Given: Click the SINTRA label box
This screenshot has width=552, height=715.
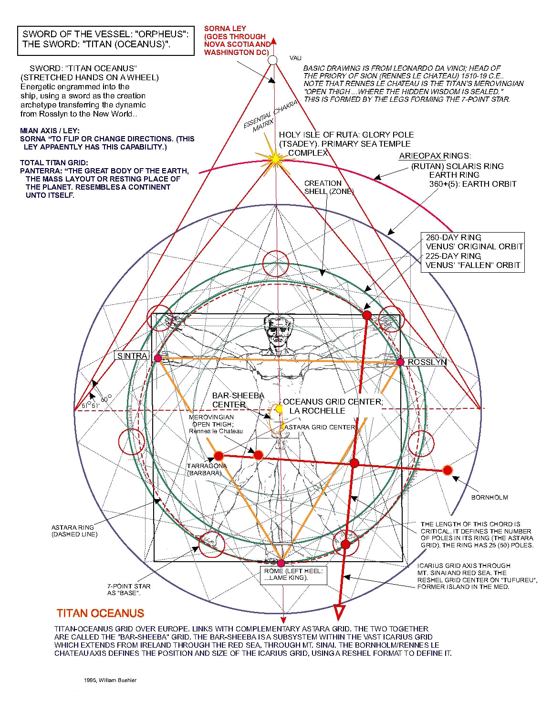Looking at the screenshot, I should click(x=132, y=356).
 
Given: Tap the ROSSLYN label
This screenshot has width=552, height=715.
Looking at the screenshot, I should click(x=427, y=362).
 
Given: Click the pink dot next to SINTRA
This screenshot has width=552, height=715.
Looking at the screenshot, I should click(x=158, y=358).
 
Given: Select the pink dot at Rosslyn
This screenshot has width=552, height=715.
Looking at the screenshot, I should click(x=400, y=362).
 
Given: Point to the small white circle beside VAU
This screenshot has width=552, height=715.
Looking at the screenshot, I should click(x=272, y=60).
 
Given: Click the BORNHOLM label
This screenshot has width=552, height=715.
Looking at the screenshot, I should click(x=490, y=497).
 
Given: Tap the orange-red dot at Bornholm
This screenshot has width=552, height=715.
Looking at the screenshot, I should click(x=448, y=470).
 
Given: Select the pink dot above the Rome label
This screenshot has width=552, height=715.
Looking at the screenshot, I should click(x=281, y=564).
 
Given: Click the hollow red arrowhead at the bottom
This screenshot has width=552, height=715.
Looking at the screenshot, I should click(x=339, y=611).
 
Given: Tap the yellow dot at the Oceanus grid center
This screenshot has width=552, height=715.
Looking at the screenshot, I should click(x=279, y=409).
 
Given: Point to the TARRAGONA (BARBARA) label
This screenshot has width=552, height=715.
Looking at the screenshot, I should click(x=206, y=469).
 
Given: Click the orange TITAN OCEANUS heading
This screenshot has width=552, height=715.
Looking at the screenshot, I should click(x=100, y=613).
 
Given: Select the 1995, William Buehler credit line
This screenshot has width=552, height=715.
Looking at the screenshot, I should click(x=110, y=680).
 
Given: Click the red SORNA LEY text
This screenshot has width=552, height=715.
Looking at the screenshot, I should click(x=237, y=40).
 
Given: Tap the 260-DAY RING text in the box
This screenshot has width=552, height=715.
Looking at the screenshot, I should click(x=453, y=237).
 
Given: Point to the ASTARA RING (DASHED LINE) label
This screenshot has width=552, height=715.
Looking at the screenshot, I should click(x=74, y=531).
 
